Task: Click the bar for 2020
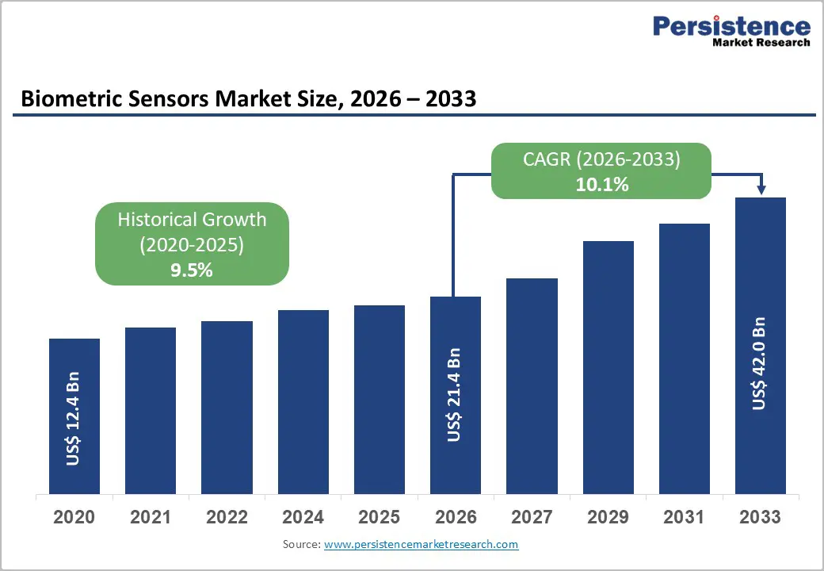74,416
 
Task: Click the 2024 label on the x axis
303,517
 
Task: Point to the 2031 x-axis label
684,517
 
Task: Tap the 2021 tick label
151,517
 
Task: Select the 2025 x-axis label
379,517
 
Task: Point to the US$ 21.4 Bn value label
454,394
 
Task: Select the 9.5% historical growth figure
192,270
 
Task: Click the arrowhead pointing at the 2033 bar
761,190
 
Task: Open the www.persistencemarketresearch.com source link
421,544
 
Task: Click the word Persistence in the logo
731,27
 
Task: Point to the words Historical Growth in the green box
192,220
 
